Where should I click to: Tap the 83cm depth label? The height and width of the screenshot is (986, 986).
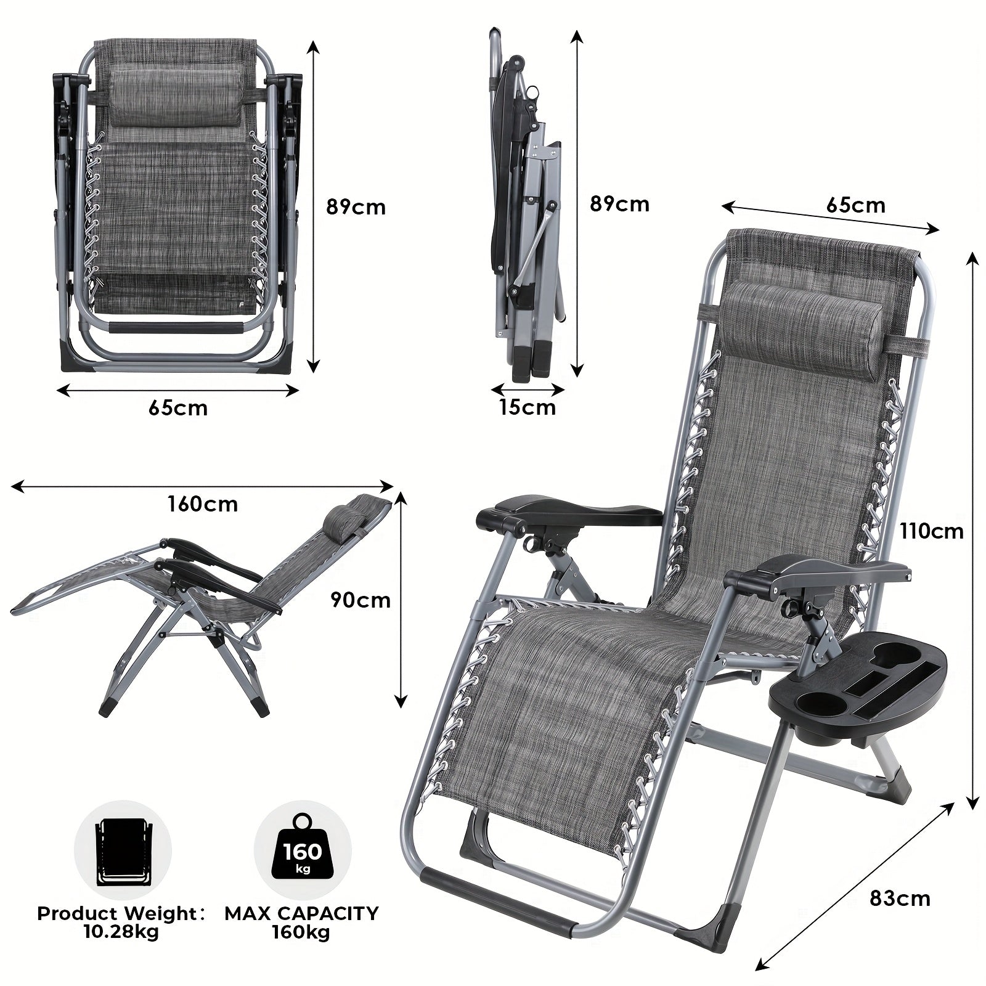tap(900, 898)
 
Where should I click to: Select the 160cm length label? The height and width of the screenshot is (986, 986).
tap(203, 503)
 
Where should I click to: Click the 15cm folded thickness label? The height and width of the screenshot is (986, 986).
tap(528, 407)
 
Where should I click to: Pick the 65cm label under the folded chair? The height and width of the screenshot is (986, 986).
tap(178, 408)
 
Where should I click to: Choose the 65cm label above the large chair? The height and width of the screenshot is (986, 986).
tap(855, 205)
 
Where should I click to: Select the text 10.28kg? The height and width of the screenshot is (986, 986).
tap(121, 932)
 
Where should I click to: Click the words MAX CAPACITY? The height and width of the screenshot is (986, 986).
tap(301, 913)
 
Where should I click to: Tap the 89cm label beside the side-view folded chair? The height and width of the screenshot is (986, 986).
tap(619, 204)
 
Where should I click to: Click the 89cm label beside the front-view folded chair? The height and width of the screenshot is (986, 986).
tap(356, 207)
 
